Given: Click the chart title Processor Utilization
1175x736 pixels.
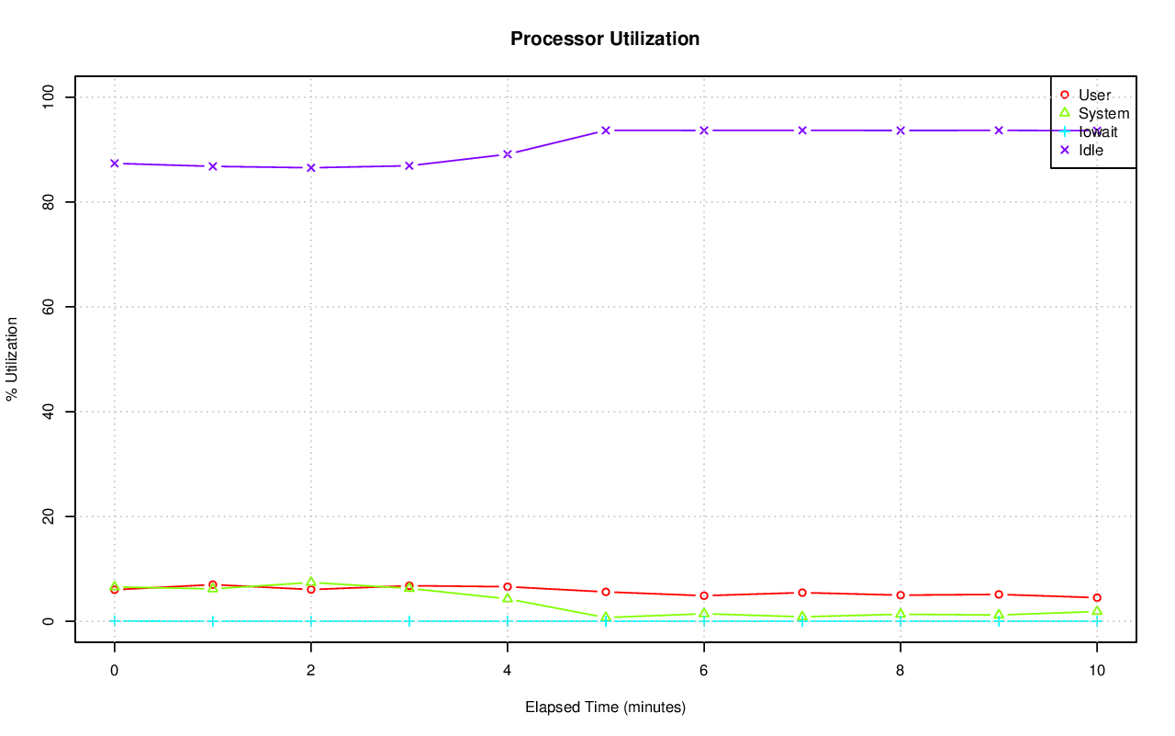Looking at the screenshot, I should point(605,39).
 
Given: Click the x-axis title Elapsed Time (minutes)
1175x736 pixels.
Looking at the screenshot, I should point(605,708).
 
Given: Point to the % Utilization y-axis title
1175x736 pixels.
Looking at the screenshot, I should point(12,358).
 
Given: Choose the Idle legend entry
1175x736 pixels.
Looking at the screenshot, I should point(1091,150).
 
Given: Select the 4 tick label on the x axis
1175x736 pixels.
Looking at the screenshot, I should point(507,671).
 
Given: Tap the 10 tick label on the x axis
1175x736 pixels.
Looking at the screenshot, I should point(1096,671).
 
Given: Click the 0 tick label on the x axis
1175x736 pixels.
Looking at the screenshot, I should point(114,671).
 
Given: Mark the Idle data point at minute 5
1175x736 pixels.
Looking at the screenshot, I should point(606,130).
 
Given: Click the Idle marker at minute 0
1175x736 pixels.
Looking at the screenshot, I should point(114,164).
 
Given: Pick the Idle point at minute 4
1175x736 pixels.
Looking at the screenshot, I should point(507,154).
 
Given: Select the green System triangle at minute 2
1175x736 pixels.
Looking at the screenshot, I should point(310,583).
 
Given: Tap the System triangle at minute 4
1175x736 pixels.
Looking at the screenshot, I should point(507,598).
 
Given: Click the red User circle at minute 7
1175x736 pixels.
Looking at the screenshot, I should point(801,593).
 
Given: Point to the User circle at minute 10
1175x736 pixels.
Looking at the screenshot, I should point(1096,598).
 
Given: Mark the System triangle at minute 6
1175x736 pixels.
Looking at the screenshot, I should point(703,613).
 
